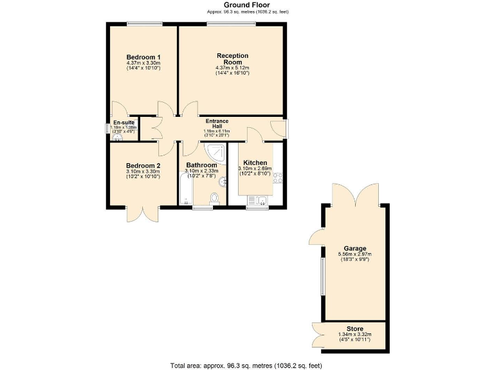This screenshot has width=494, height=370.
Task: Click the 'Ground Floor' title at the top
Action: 246,4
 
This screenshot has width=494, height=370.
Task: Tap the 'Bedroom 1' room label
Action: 143,57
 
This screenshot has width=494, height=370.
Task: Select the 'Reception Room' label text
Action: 232,59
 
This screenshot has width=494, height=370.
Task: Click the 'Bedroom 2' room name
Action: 143,165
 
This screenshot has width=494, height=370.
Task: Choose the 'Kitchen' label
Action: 255,163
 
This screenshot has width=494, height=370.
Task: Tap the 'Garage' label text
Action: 354,249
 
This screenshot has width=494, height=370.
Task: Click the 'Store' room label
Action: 354,329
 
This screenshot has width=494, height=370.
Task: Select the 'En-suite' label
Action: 123,122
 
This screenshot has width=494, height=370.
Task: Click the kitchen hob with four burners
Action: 278,178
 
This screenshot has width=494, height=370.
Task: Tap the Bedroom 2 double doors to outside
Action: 142,215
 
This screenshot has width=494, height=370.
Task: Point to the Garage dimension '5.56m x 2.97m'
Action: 354,255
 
